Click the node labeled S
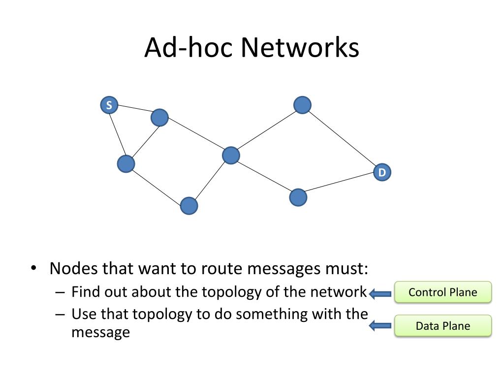tap(109, 105)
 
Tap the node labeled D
tap(382, 172)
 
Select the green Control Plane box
tap(443, 292)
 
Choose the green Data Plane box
tap(443, 326)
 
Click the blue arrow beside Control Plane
tap(380, 293)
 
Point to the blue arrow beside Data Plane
tap(380, 326)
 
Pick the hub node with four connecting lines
tap(231, 156)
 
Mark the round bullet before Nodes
tap(34, 268)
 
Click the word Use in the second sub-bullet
tap(83, 314)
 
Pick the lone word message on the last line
tap(100, 332)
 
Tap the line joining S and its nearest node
tap(134, 108)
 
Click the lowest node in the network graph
tap(189, 206)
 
